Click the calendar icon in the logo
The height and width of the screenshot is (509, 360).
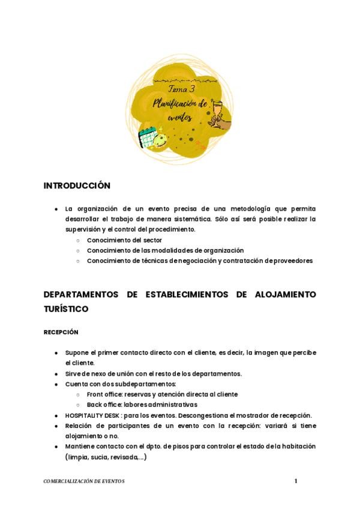click(147, 138)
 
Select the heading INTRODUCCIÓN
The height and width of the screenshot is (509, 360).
click(77, 185)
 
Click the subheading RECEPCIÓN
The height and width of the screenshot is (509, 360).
click(61, 332)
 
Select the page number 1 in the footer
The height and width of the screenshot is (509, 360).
click(296, 481)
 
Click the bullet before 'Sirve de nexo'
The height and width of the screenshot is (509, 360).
click(56, 373)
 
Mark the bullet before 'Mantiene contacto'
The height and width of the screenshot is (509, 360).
click(56, 447)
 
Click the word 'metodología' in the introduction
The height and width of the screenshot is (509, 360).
click(245, 209)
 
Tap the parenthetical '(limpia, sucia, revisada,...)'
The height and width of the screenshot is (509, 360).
click(105, 457)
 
